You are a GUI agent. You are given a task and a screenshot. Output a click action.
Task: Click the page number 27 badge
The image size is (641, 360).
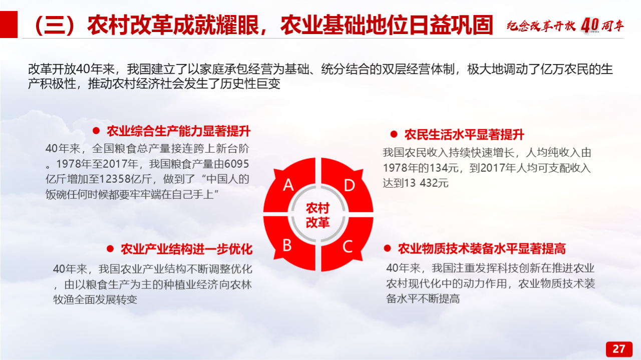pos(619,349)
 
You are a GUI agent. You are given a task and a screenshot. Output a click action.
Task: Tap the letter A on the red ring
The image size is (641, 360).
pos(288,185)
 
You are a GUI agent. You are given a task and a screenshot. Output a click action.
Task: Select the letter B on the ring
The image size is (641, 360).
pos(287,245)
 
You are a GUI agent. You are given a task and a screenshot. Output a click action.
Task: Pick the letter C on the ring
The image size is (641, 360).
pos(348,246)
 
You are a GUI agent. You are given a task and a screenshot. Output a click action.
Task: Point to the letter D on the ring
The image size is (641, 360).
pos(350,185)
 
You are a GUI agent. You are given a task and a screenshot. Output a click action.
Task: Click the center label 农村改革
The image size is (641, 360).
pos(317,215)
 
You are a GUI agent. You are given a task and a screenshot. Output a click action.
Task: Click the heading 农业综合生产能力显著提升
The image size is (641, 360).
pos(179,131)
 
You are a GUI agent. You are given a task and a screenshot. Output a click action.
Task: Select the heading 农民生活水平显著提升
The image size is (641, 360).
pos(464,135)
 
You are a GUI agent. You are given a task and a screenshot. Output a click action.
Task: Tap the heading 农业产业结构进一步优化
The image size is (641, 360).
pos(187,249)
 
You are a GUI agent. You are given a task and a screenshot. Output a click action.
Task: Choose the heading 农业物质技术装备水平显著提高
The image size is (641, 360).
pos(482,248)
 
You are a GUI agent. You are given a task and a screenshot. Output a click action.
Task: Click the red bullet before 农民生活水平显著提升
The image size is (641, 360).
pos(394,134)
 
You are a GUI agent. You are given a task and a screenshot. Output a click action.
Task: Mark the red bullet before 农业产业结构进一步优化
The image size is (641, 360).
pos(110,249)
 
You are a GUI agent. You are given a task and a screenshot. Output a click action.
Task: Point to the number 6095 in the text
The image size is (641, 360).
pos(237,164)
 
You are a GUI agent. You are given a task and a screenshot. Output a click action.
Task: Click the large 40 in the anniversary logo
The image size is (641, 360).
pos(590,25)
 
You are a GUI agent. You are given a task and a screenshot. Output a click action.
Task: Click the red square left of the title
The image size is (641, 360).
pos(9,25)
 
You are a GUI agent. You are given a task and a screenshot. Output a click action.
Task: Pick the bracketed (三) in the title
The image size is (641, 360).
pos(55,25)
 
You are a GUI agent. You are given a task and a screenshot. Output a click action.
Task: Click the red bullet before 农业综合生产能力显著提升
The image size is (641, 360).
pos(96,131)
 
